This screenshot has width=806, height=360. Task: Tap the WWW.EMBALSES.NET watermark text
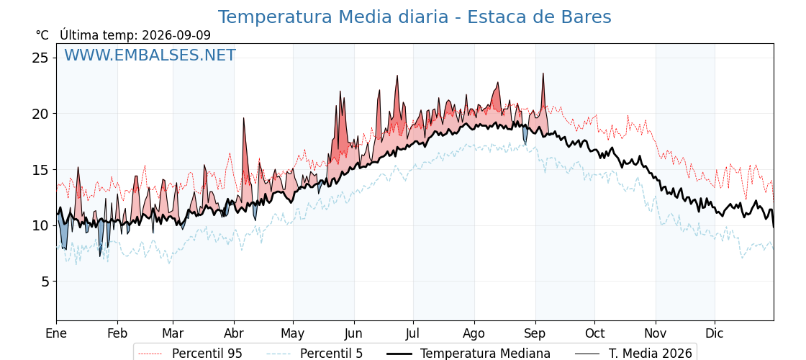pos(150,55)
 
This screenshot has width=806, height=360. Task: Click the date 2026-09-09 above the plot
pos(176,35)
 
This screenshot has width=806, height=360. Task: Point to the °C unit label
pos(42,35)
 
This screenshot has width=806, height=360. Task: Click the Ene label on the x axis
pos(56,333)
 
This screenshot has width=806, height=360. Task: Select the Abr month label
pos(235,333)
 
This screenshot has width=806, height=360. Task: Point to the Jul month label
pos(413,333)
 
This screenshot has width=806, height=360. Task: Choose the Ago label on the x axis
pos(474,333)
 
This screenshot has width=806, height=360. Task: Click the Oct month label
pos(594,333)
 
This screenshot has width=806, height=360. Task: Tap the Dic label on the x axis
pos(715,333)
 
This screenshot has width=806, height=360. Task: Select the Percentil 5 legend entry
pos(315,354)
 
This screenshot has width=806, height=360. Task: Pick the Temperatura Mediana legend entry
pos(468,354)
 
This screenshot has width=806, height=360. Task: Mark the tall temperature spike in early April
pos(244,118)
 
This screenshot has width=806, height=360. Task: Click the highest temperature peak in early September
pos(543,73)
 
